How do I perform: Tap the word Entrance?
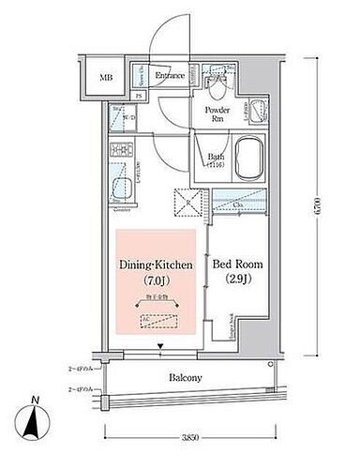click(x=170, y=75)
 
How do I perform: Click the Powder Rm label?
click(x=213, y=113)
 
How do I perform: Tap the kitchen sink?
click(x=121, y=187)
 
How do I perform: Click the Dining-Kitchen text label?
click(x=155, y=266)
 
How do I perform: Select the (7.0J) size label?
click(x=155, y=281)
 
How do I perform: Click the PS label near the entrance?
click(x=140, y=96)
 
